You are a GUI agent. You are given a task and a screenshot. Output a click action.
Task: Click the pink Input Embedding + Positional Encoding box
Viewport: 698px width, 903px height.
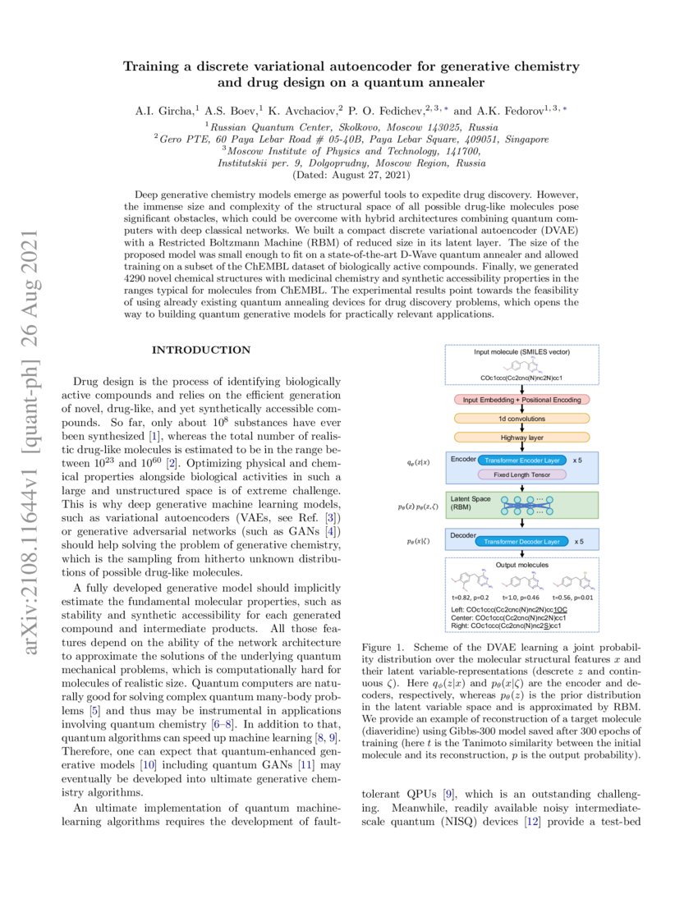pos(522,400)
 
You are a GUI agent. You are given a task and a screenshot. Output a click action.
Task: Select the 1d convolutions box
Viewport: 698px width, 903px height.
pos(522,419)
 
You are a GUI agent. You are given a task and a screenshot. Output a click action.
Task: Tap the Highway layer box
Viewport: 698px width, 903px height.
pos(522,438)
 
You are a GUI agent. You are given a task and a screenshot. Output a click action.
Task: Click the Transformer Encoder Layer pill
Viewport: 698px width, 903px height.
pos(522,460)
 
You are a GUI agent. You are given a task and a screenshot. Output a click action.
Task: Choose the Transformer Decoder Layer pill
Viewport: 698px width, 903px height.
pos(522,542)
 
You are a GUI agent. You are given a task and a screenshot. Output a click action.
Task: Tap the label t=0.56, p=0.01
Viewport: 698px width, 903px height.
pos(572,598)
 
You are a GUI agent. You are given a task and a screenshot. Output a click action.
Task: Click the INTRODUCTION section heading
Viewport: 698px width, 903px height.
pos(201,350)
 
